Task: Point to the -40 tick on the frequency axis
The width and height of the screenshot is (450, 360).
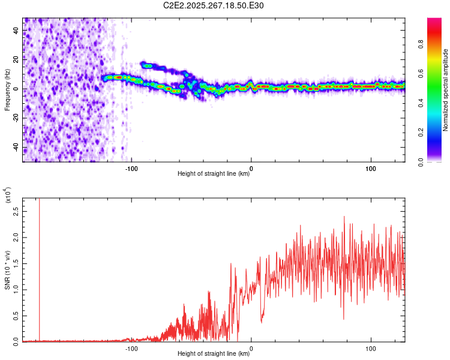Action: [x=15, y=148]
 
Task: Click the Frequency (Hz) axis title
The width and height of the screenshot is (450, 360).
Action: [x=7, y=89]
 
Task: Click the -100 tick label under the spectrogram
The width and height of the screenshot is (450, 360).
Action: [x=131, y=168]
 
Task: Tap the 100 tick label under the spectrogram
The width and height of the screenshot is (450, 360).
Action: [x=371, y=168]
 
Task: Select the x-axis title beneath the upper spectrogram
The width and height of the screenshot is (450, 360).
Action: [x=214, y=174]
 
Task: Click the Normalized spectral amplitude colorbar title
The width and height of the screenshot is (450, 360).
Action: [x=446, y=90]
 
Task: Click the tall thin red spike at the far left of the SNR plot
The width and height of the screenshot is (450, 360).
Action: [x=39, y=270]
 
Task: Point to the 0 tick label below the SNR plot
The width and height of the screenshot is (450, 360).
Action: [x=251, y=348]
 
